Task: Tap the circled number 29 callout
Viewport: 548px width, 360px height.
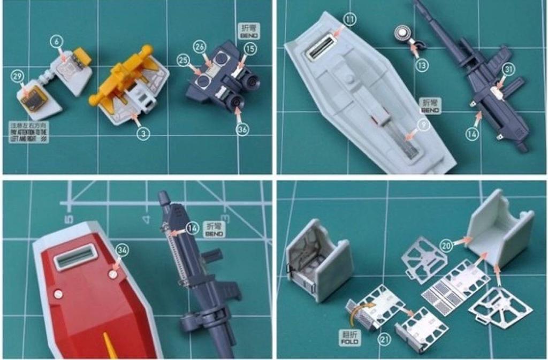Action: click(18, 76)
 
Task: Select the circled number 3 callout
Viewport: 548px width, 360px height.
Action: click(142, 134)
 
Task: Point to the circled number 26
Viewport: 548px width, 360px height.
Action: click(200, 47)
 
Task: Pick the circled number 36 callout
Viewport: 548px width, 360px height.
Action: click(242, 129)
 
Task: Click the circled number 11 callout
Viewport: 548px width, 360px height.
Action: click(349, 20)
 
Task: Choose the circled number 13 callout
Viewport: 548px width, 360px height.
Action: click(422, 65)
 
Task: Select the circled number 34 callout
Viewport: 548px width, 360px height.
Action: click(123, 249)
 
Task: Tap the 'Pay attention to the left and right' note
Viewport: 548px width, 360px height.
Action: click(28, 132)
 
